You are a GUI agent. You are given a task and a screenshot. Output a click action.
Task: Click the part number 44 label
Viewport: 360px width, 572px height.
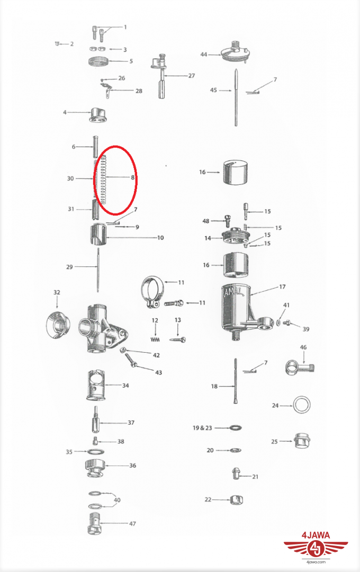point(203,55)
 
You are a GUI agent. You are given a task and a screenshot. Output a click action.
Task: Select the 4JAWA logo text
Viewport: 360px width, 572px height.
point(316,535)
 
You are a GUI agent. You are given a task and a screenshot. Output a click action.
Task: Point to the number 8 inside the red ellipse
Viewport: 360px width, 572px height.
point(133,177)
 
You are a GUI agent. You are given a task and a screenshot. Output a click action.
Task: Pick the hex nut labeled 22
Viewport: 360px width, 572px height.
point(237,499)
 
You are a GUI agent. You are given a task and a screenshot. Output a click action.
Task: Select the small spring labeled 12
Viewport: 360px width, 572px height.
point(155,339)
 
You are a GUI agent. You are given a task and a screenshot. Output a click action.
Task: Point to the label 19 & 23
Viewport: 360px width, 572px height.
point(202,427)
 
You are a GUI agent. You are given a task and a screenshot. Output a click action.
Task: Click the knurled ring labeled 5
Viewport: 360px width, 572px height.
point(99,61)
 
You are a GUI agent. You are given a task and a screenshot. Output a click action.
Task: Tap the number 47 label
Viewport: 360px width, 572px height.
point(132,523)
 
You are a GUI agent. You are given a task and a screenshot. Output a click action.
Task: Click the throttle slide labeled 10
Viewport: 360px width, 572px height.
point(98,235)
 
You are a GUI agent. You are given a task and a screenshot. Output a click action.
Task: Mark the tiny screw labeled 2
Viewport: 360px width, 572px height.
point(57,44)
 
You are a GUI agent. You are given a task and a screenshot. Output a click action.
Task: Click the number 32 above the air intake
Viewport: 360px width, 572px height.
point(57,292)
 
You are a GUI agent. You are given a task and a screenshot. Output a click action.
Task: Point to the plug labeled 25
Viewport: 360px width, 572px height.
point(301,441)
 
